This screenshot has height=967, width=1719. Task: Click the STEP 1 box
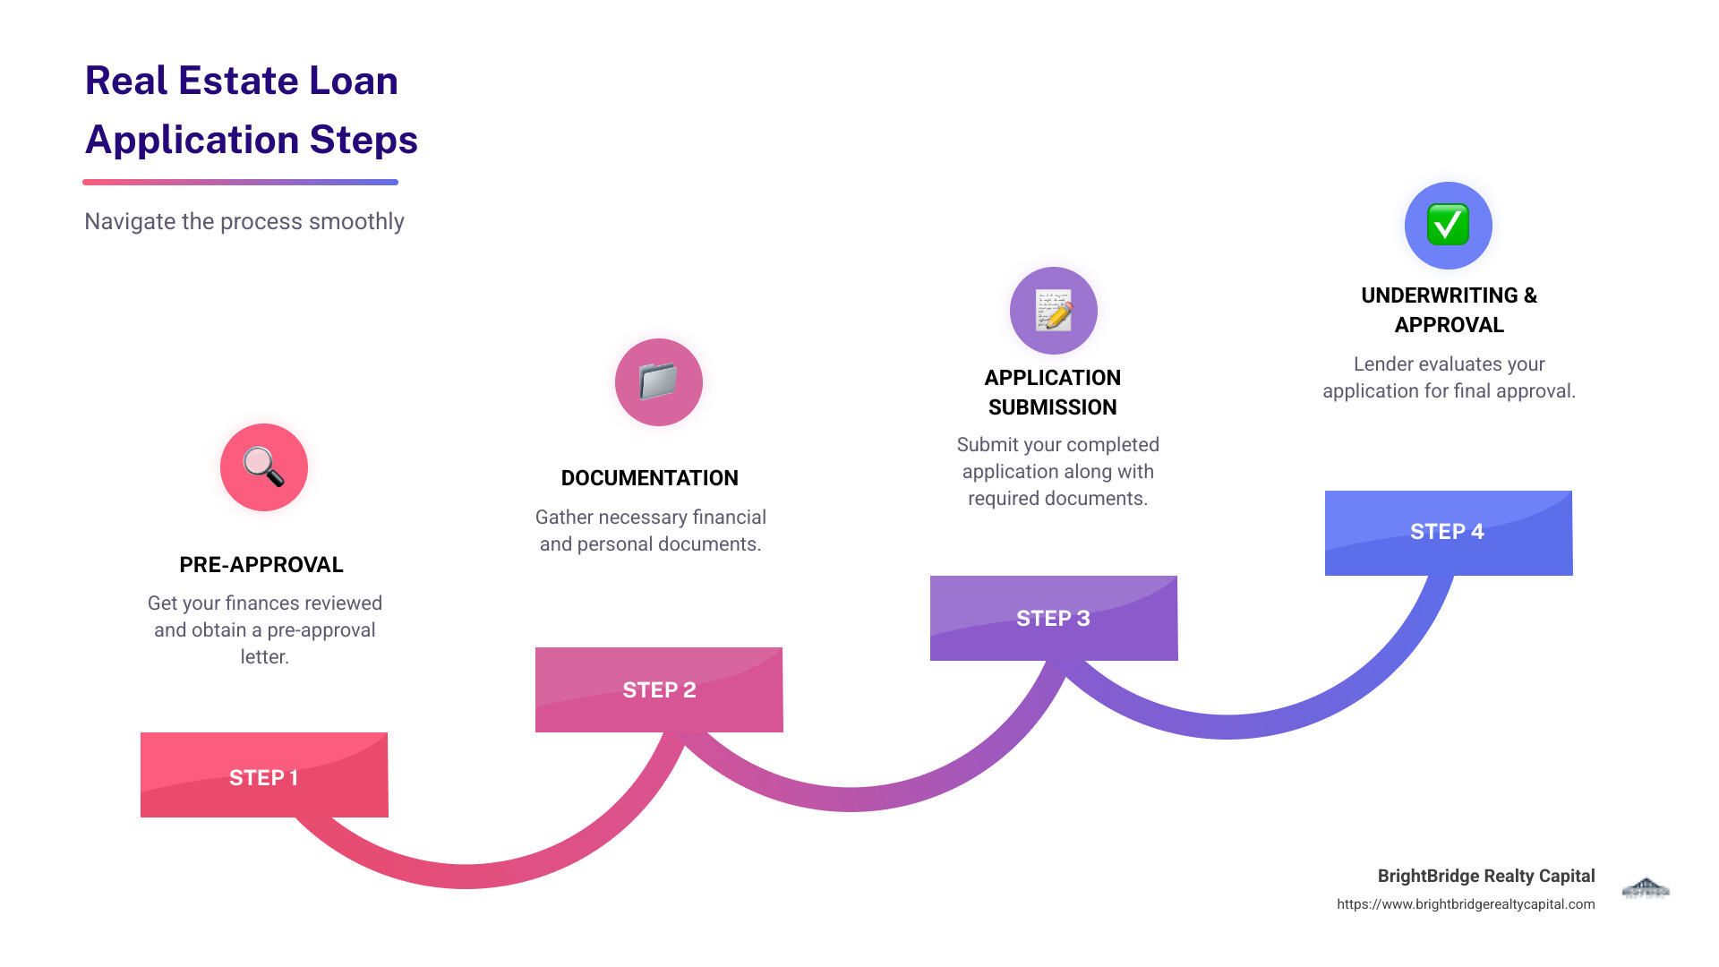pyautogui.click(x=264, y=775)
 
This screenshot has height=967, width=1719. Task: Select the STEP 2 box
pyautogui.click(x=659, y=689)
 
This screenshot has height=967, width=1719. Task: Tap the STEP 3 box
pyautogui.click(x=1054, y=618)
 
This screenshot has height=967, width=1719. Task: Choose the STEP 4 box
pyautogui.click(x=1448, y=532)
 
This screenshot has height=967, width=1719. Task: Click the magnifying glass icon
pyautogui.click(x=264, y=467)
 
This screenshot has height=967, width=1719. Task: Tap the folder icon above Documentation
pyautogui.click(x=659, y=381)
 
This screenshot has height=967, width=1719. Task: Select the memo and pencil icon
pyautogui.click(x=1054, y=311)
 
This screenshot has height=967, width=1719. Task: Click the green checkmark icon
pyautogui.click(x=1448, y=225)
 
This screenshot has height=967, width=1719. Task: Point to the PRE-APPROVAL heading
pyautogui.click(x=261, y=565)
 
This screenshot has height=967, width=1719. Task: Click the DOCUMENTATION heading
pyautogui.click(x=650, y=478)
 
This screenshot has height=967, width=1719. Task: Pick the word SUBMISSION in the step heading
pyautogui.click(x=1053, y=407)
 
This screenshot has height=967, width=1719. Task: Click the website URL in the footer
pyautogui.click(x=1466, y=904)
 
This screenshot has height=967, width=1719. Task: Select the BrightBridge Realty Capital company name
pyautogui.click(x=1486, y=876)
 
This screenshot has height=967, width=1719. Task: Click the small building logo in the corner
pyautogui.click(x=1646, y=888)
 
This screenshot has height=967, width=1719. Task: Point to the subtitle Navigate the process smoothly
pyautogui.click(x=244, y=221)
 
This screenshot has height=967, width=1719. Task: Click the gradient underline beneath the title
pyautogui.click(x=240, y=182)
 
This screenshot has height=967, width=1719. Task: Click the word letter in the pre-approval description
pyautogui.click(x=265, y=656)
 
